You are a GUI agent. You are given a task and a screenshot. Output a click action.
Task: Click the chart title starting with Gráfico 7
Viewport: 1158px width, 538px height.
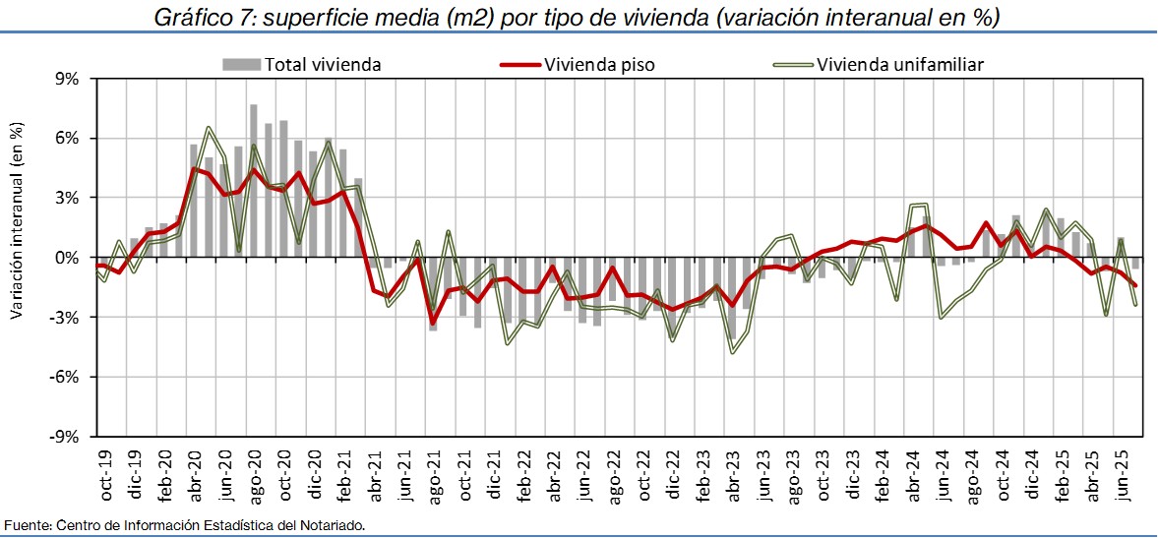(579, 18)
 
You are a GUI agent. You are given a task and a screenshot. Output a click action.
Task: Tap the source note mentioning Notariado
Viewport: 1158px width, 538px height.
(185, 525)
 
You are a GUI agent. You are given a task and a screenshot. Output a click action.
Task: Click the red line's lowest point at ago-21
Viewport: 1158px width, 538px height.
(432, 323)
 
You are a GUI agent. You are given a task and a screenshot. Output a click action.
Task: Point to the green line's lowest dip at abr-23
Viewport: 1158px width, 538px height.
(732, 352)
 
